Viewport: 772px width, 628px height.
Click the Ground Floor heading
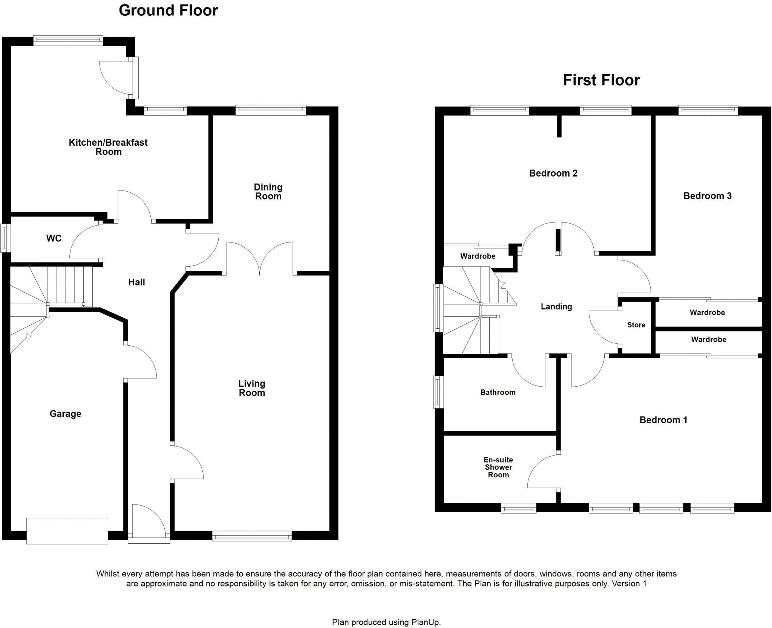click(168, 11)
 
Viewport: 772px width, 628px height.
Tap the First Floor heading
click(601, 80)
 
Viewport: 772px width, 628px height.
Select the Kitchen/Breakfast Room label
click(108, 147)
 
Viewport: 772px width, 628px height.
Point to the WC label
click(54, 238)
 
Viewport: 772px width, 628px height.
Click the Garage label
click(66, 414)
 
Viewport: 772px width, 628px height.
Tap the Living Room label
click(252, 388)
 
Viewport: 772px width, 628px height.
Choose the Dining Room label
click(268, 192)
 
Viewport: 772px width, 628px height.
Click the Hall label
click(136, 282)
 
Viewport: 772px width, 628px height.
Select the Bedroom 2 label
click(553, 173)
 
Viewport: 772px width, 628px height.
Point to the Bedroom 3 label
click(707, 196)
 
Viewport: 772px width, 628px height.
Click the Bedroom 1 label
click(663, 420)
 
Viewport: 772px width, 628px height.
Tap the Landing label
click(556, 306)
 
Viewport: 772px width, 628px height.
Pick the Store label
click(636, 325)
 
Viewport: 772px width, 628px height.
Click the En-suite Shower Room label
click(498, 467)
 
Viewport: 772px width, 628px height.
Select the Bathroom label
click(498, 392)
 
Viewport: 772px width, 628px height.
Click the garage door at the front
click(67, 530)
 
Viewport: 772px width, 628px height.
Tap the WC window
click(5, 238)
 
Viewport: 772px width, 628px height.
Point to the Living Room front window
click(252, 535)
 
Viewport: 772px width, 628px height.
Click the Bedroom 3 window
click(708, 110)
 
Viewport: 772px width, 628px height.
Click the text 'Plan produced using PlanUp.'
click(386, 622)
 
